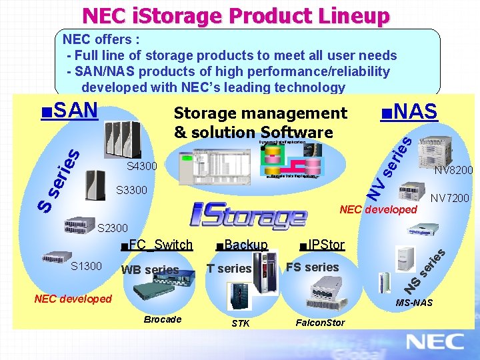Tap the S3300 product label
click(131, 190)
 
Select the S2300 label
click(113, 229)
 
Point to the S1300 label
click(86, 266)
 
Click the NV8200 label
click(453, 171)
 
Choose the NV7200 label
click(449, 198)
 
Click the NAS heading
click(409, 112)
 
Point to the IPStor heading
click(322, 245)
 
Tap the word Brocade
click(163, 319)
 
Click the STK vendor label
click(241, 324)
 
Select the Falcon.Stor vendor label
click(320, 323)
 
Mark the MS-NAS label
click(414, 303)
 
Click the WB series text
click(150, 270)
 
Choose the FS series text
click(312, 267)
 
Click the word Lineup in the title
click(347, 15)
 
